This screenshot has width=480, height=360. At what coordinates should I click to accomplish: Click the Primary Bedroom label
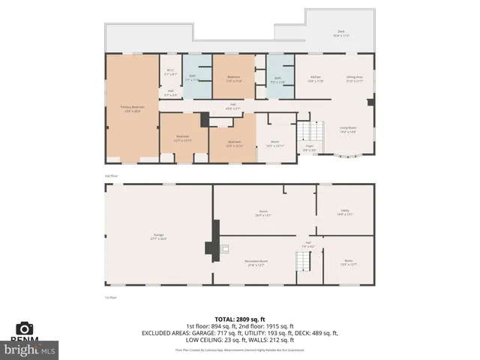133,108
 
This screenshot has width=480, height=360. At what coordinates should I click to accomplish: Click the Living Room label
347,129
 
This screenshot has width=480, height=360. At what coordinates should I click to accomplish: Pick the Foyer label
308,148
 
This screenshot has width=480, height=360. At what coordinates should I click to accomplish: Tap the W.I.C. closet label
170,72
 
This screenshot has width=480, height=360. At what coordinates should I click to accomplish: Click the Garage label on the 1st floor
159,237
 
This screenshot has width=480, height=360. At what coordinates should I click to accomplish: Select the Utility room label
346,212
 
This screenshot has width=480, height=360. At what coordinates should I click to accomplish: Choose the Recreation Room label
256,262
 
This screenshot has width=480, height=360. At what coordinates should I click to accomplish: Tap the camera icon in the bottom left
25,328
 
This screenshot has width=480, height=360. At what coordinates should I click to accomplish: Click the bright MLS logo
29,349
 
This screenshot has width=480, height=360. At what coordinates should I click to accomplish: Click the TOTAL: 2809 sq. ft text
240,319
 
